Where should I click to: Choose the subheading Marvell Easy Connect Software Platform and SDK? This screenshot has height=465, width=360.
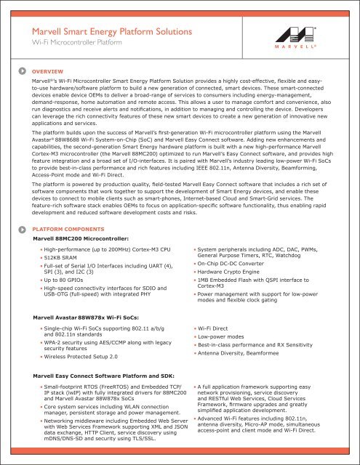109,376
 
